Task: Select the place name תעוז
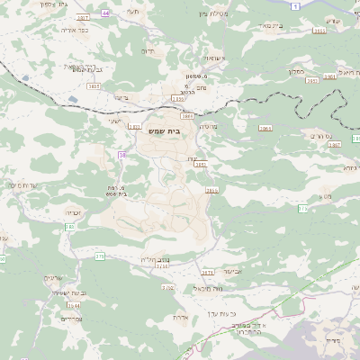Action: (134, 12)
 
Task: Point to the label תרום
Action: (148, 52)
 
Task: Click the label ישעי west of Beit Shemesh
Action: (114, 121)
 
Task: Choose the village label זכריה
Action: (74, 212)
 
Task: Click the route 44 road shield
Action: (105, 13)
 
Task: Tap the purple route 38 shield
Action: (121, 155)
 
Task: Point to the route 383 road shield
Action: (68, 228)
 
